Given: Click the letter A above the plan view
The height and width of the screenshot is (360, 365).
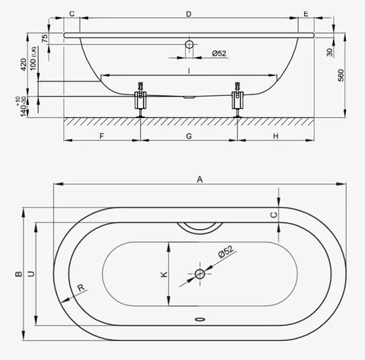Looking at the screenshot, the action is (200, 180).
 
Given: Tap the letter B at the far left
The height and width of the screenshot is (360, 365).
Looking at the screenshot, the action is (18, 274).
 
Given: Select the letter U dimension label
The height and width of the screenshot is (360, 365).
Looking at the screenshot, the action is (30, 274).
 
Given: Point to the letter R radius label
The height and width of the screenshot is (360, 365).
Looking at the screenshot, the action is (81, 288).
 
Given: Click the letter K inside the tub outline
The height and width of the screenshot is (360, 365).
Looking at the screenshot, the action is (164, 274).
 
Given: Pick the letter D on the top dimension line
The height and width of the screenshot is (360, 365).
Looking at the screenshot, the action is (189, 14).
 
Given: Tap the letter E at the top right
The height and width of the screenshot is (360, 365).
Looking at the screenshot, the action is (306, 14).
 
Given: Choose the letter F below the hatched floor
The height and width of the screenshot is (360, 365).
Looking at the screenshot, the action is (101, 136).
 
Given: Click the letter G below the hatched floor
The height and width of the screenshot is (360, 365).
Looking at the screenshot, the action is (189, 136).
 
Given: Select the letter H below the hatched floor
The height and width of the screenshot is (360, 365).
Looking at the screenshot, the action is (276, 136).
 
